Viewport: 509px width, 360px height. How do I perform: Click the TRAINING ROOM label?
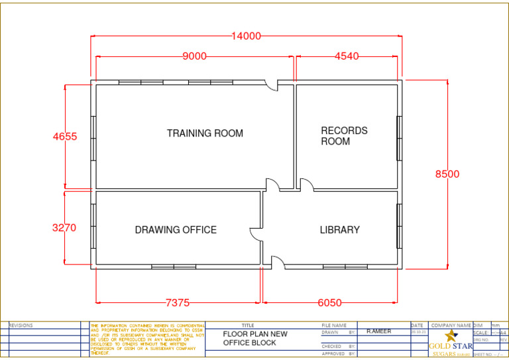coord(205,133)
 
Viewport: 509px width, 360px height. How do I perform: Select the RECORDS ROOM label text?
coord(344,136)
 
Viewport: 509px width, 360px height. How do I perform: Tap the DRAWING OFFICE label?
coord(176,230)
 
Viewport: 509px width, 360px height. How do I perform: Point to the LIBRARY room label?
coord(339,230)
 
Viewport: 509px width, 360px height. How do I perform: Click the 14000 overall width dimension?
coord(246,36)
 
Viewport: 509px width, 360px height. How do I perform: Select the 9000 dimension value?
coord(194,56)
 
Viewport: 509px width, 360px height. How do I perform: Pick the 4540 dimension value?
coord(347,56)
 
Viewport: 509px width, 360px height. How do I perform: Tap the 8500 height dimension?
coord(447,174)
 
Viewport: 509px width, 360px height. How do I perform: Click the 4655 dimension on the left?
coord(65,137)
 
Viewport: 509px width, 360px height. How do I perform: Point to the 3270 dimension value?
coord(64,227)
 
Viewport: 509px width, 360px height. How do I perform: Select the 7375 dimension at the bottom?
coord(178,303)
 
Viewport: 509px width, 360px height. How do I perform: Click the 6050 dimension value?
coord(330,303)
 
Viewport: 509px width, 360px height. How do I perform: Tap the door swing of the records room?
coord(307,184)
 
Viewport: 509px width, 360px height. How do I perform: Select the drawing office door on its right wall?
coord(256,233)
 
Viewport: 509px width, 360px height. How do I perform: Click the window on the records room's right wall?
coord(399,138)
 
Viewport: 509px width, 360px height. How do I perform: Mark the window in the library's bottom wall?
coord(345,267)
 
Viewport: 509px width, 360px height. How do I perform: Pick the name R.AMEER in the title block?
coord(379,331)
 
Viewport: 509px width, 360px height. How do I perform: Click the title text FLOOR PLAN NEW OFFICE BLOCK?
coord(255,338)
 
